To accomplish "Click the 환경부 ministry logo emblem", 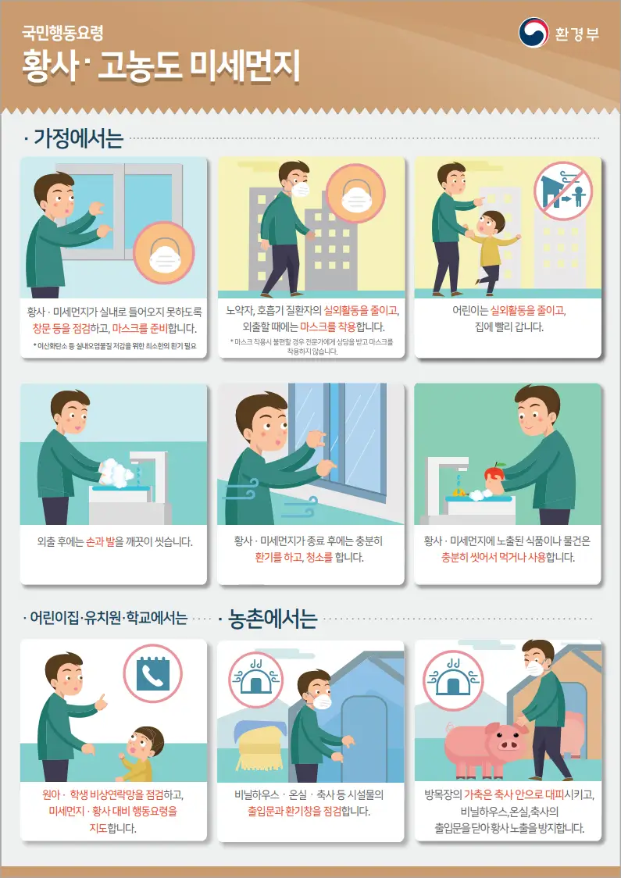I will [x=534, y=32].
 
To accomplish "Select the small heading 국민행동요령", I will [x=62, y=34].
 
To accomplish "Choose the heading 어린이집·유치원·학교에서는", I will [x=108, y=619].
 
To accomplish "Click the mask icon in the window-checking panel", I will [x=165, y=253].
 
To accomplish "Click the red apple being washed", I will [x=493, y=475].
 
